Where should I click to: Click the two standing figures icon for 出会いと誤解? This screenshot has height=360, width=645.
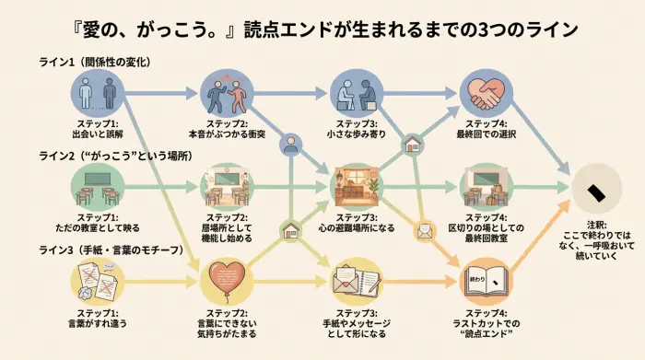(x=97, y=93)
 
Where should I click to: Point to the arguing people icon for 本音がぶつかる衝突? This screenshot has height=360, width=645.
(x=226, y=93)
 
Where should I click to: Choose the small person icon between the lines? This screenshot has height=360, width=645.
(x=291, y=145)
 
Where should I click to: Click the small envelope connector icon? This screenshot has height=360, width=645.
(x=425, y=231)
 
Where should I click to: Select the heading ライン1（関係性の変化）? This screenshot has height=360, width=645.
(x=94, y=62)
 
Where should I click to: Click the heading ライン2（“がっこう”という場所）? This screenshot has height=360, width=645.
(x=115, y=157)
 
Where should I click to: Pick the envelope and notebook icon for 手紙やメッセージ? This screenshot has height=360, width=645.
(x=357, y=278)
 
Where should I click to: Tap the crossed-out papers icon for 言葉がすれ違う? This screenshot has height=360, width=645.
(x=97, y=278)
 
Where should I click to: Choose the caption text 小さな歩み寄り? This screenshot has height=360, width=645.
(x=357, y=134)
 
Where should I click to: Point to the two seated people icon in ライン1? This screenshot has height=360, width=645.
(x=357, y=93)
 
